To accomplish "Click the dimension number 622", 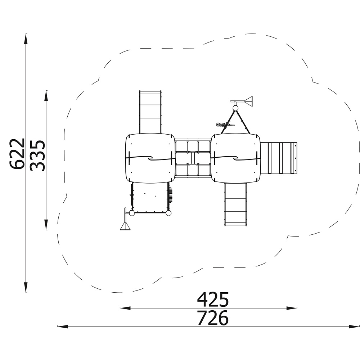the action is pos(17,154).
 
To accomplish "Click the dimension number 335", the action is pos(37,155).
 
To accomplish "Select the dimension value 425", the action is pos(213,300).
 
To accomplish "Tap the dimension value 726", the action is pos(213,318).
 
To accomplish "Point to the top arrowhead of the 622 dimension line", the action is pos(26,39).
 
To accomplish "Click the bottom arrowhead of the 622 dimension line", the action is pos(26,287).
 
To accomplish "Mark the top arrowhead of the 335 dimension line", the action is pos(46,95).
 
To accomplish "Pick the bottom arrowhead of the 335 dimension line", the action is pos(46,225).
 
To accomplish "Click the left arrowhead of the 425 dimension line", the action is pos(125,308).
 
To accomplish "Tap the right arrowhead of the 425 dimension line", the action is pos(292,308).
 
